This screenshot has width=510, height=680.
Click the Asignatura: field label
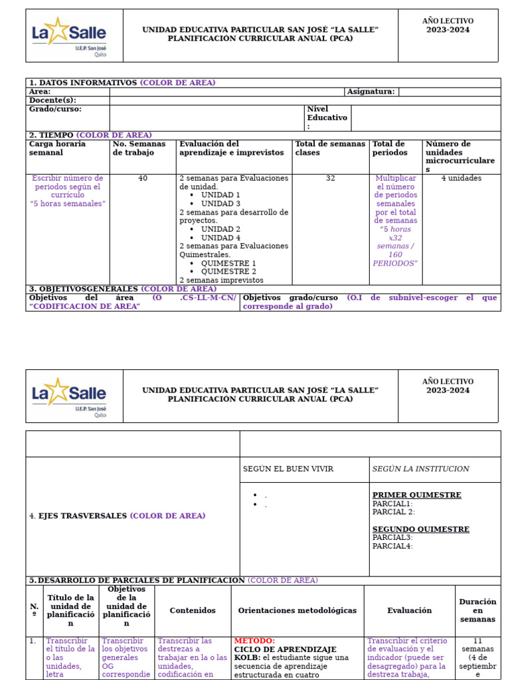[x=371, y=92]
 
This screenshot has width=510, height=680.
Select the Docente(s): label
[x=52, y=100]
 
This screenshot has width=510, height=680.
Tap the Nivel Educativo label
[x=327, y=118]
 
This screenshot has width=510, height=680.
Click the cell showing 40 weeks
[x=143, y=179]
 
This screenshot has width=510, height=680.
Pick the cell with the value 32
[x=330, y=179]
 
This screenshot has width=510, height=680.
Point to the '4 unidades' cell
[x=461, y=179]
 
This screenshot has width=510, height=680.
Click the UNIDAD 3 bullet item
[x=220, y=204]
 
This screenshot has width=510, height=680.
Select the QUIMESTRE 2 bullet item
[x=228, y=272]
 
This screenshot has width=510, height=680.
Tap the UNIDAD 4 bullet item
[x=220, y=238]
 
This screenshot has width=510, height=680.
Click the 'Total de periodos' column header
[x=389, y=148]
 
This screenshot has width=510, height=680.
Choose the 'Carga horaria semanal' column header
[x=57, y=148]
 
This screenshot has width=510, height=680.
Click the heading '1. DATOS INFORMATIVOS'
[x=82, y=83]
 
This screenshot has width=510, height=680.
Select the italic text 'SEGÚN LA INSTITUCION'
[x=420, y=469]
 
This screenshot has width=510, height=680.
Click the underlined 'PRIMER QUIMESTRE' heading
[x=416, y=495]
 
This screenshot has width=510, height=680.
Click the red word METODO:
[x=254, y=641]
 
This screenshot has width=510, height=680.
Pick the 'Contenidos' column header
[x=193, y=610]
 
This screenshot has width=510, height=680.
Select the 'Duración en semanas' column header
[x=477, y=610]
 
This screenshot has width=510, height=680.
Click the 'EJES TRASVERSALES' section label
[x=83, y=516]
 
